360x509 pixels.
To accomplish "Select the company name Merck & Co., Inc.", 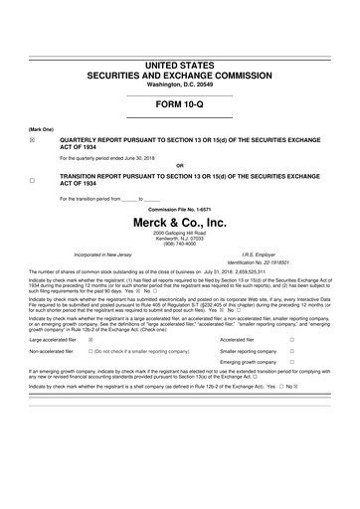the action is pos(179,223).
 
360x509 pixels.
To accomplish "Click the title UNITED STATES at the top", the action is pos(180,65).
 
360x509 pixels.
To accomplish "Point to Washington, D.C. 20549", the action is pos(180,85).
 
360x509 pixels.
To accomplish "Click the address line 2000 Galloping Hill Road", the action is pos(179,236).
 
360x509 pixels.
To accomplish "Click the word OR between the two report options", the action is pos(179,165).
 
